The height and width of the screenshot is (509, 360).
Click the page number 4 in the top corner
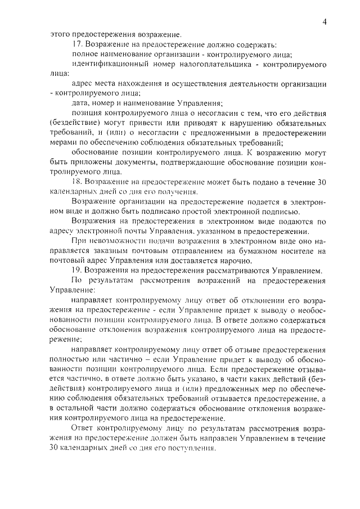[325, 21]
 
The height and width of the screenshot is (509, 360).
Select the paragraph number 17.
[78, 44]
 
